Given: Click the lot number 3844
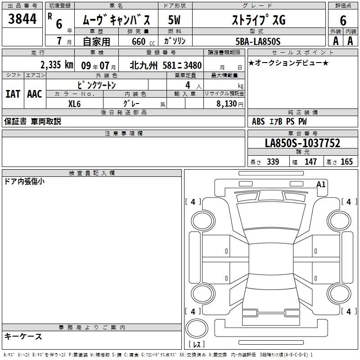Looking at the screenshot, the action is coord(22,19).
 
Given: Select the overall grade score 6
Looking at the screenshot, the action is coord(343,21).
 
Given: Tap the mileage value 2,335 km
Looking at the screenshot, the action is coord(57,65).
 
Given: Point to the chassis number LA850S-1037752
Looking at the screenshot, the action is coord(302,143).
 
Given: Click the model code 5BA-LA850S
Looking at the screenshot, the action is coord(258,41).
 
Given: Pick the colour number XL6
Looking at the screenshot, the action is coord(74,104).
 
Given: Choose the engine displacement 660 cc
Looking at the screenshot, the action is coord(143,42).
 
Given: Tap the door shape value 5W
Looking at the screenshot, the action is coord(174,20).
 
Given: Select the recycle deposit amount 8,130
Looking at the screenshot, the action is coord(226,104).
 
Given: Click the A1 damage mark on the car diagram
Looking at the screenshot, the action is coord(321,184).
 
